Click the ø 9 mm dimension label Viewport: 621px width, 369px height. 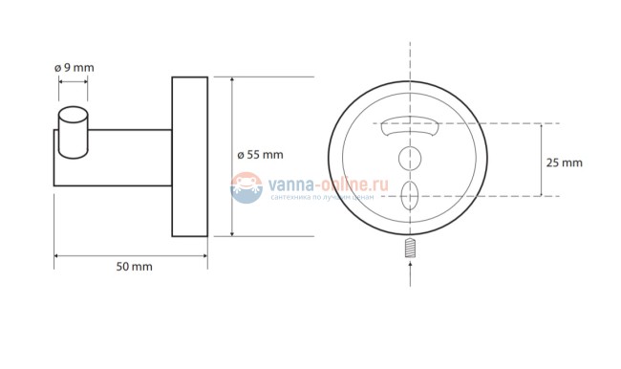click(75, 68)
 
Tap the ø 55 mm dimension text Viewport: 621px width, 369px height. click(260, 155)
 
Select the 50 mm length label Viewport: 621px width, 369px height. click(135, 267)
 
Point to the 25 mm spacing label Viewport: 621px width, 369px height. click(565, 163)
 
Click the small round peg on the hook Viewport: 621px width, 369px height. click(74, 132)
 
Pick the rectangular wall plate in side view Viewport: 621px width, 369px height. click(190, 157)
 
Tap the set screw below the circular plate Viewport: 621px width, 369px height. click(410, 248)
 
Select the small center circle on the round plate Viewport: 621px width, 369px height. click(410, 158)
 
